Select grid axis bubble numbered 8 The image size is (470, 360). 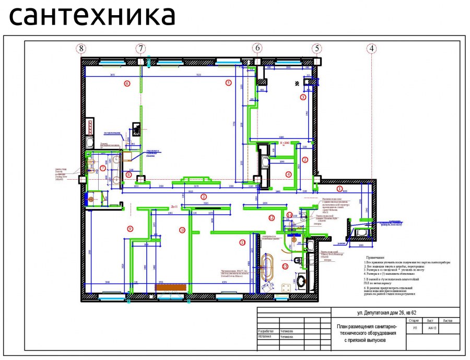pyautogui.click(x=80, y=48)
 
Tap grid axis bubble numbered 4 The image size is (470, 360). pyautogui.click(x=371, y=48)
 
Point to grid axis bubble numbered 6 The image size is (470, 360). pyautogui.click(x=257, y=48)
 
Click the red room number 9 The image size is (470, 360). pyautogui.click(x=130, y=228)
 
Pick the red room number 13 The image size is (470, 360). pyautogui.click(x=285, y=266)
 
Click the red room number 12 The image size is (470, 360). pyautogui.click(x=271, y=217)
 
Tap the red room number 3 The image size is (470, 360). pyautogui.click(x=302, y=97)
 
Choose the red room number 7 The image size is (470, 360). pyautogui.click(x=103, y=168)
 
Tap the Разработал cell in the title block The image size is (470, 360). pyautogui.click(x=267, y=331)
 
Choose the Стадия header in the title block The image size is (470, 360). pyautogui.click(x=414, y=320)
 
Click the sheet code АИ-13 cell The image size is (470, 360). pyautogui.click(x=431, y=328)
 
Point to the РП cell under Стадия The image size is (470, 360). pyautogui.click(x=414, y=328)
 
